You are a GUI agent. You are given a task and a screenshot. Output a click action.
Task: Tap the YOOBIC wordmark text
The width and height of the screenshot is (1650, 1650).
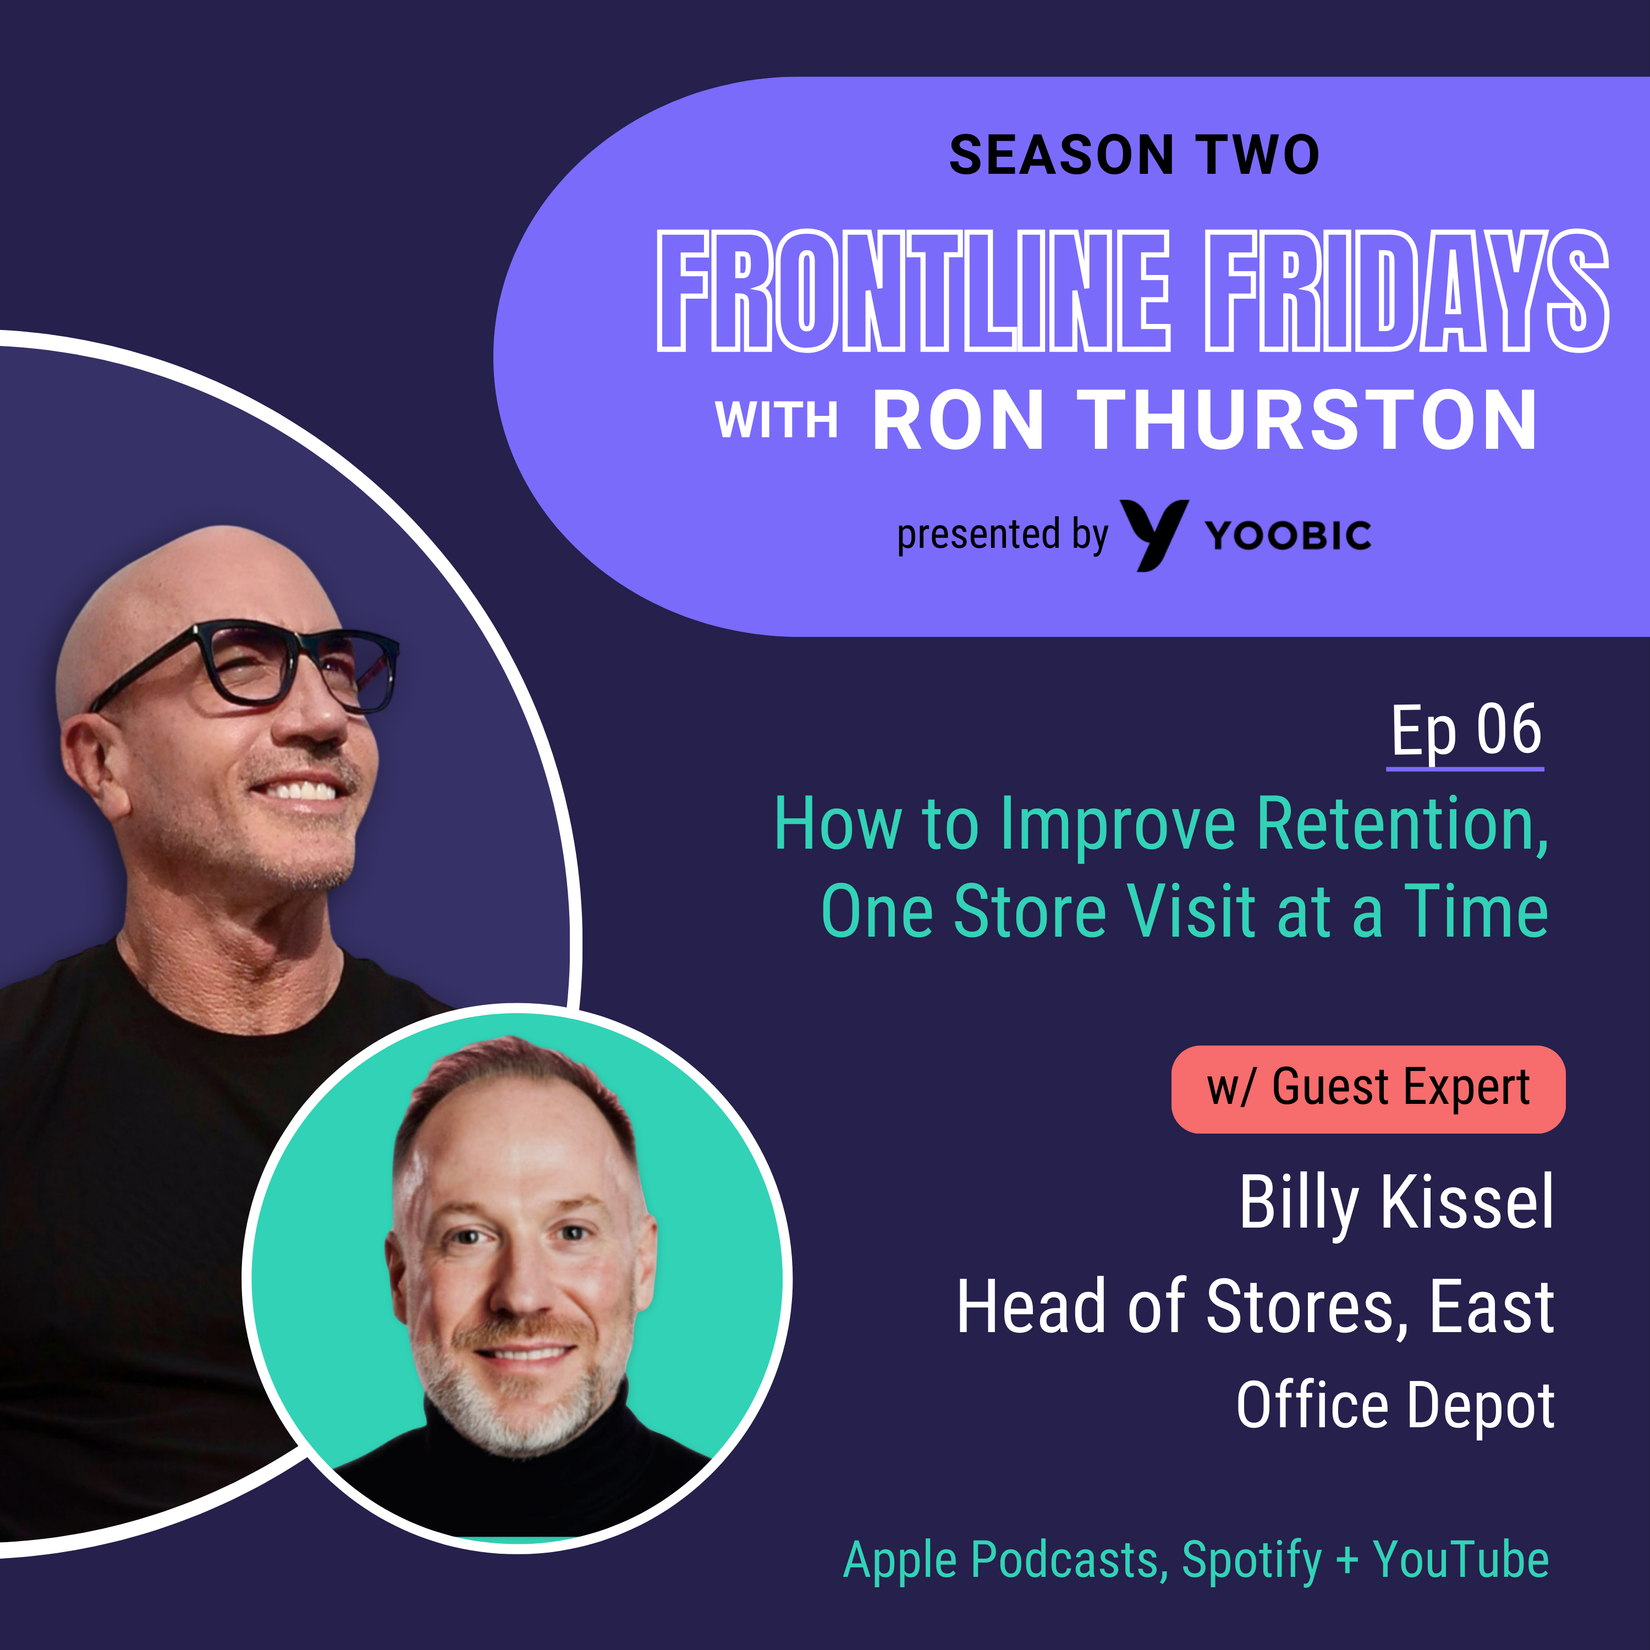pos(1288,536)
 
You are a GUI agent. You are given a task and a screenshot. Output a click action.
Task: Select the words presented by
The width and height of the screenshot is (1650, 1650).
pos(1003,536)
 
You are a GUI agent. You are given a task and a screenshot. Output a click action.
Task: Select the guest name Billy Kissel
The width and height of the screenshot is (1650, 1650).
pos(1397,1204)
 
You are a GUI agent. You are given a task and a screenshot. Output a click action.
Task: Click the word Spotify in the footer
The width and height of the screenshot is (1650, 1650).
pos(1252,1560)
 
